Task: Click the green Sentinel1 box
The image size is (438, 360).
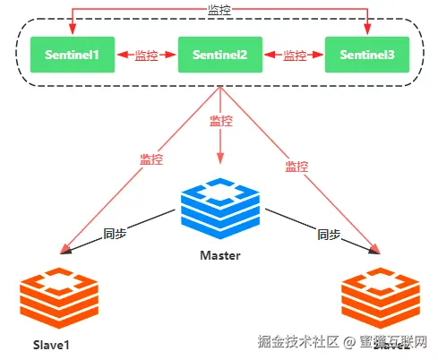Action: [x=67, y=56]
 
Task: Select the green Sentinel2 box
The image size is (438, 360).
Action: [x=218, y=56]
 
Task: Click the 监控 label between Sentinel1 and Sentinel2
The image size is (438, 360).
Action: [x=147, y=56]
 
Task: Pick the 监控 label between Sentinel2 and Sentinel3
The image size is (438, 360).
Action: [x=295, y=56]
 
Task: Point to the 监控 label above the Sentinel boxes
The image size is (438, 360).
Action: [x=218, y=9]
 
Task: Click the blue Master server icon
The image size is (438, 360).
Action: [x=219, y=209]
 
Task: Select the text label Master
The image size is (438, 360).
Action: [x=220, y=255]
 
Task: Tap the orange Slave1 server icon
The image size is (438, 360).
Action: [x=57, y=303]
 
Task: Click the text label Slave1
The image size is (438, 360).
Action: [x=52, y=346]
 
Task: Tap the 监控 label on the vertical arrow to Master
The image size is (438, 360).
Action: [x=220, y=121]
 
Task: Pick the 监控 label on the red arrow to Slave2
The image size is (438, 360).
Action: [x=296, y=166]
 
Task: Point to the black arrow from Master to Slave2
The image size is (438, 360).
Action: [x=313, y=229]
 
